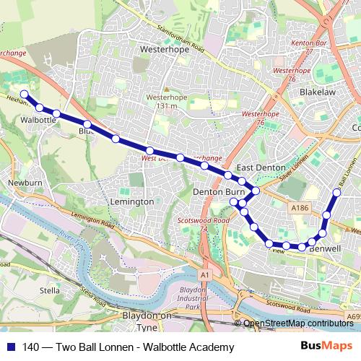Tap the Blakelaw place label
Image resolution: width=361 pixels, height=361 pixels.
point(318,92)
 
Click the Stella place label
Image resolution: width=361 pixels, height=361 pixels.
point(50,290)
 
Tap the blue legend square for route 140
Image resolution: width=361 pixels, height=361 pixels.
point(10,347)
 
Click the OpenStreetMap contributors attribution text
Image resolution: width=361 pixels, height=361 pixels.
point(298,324)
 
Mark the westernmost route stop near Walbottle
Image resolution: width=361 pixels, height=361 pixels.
point(24,94)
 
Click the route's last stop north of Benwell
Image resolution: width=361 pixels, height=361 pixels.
point(336,192)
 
